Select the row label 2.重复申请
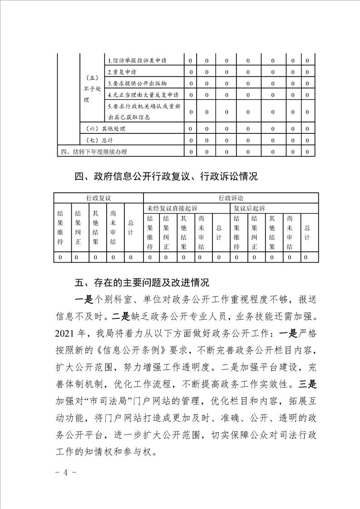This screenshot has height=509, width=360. (x=122, y=72)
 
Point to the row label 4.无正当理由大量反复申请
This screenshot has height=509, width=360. (x=143, y=95)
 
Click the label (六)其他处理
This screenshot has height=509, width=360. (x=102, y=129)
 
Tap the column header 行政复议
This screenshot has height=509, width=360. (x=99, y=198)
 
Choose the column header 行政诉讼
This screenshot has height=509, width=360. (x=231, y=198)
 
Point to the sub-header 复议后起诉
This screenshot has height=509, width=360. (x=249, y=208)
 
